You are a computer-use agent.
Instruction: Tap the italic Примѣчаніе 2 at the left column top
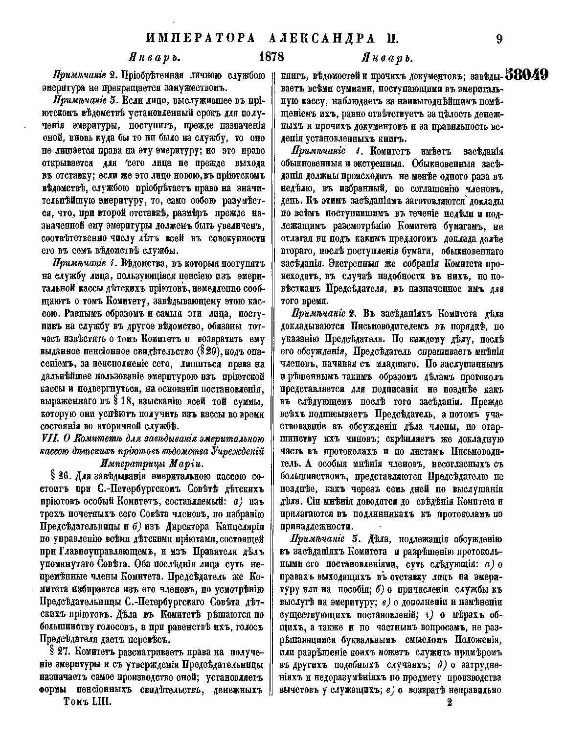(83, 76)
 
